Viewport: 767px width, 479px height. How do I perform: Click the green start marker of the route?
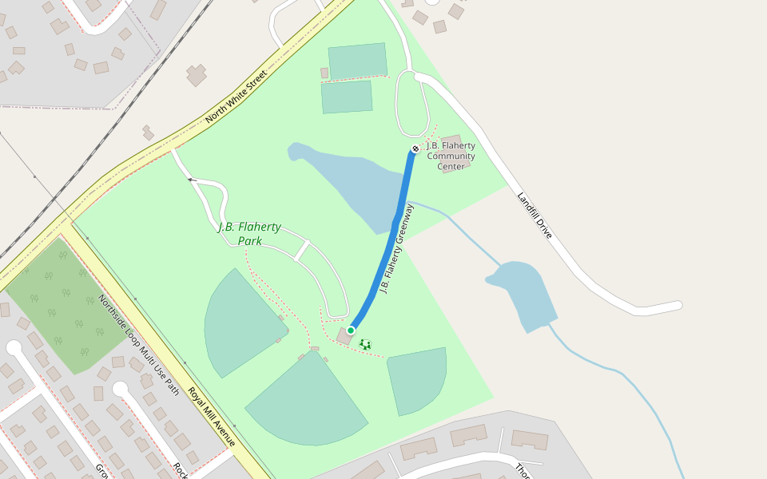(351, 330)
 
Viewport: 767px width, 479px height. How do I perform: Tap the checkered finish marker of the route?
(415, 149)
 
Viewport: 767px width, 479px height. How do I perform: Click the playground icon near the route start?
(365, 344)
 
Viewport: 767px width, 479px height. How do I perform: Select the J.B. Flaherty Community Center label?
(451, 156)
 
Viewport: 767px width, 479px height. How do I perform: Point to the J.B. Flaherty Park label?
(249, 233)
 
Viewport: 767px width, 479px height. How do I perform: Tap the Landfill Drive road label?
(534, 216)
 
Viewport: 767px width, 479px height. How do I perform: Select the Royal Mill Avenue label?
(212, 416)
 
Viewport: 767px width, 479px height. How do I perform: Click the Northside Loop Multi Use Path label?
(138, 344)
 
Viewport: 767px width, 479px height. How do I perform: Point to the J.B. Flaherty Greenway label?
(397, 248)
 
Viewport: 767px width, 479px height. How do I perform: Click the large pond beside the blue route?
(352, 184)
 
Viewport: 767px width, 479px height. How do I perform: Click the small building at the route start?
(345, 337)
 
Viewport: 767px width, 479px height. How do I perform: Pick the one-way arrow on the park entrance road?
(192, 180)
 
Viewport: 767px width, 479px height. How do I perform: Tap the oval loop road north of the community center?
(411, 104)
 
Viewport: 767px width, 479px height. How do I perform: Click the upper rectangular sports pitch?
(357, 61)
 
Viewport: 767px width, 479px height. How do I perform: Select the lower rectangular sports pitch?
(347, 97)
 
